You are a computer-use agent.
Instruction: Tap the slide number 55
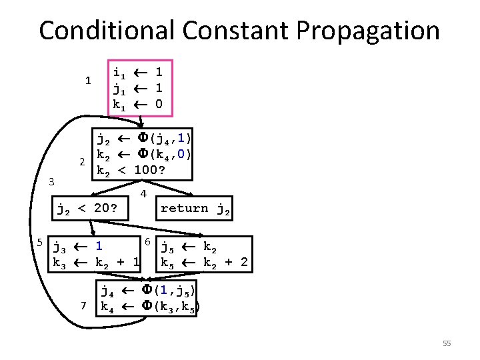[447, 343]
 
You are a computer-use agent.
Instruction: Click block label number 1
[87, 81]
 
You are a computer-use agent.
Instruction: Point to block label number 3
[52, 181]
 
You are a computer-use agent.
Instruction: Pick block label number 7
[83, 305]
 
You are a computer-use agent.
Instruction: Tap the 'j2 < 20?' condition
[87, 209]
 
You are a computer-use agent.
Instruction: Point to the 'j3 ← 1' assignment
[77, 247]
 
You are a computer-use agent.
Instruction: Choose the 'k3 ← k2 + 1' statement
[95, 263]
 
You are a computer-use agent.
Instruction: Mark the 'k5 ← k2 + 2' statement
[204, 263]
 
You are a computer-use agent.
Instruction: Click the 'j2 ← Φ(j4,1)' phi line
[144, 139]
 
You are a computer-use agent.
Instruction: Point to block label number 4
[143, 194]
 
